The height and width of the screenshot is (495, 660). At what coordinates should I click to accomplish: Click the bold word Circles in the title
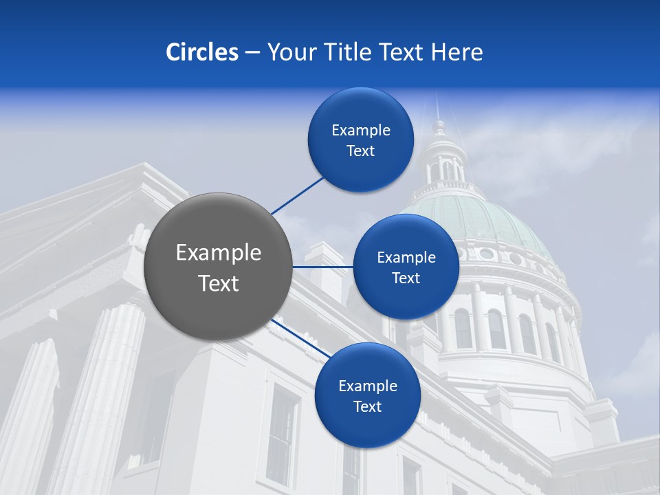[201, 52]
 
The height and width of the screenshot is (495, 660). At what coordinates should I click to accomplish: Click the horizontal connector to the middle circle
[322, 266]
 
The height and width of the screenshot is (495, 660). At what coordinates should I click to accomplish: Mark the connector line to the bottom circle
[298, 338]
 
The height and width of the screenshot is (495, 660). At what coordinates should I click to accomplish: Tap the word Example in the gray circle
[218, 253]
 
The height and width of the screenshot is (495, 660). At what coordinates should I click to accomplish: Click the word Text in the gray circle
[218, 283]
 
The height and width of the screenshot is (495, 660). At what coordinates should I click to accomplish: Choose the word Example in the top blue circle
[361, 130]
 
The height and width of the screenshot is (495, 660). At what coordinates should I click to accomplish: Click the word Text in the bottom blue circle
[367, 406]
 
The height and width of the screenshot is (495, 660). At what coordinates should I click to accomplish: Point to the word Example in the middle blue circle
[406, 257]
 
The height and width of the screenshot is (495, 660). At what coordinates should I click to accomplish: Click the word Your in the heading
[289, 52]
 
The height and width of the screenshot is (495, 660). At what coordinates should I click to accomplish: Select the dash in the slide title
[252, 52]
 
